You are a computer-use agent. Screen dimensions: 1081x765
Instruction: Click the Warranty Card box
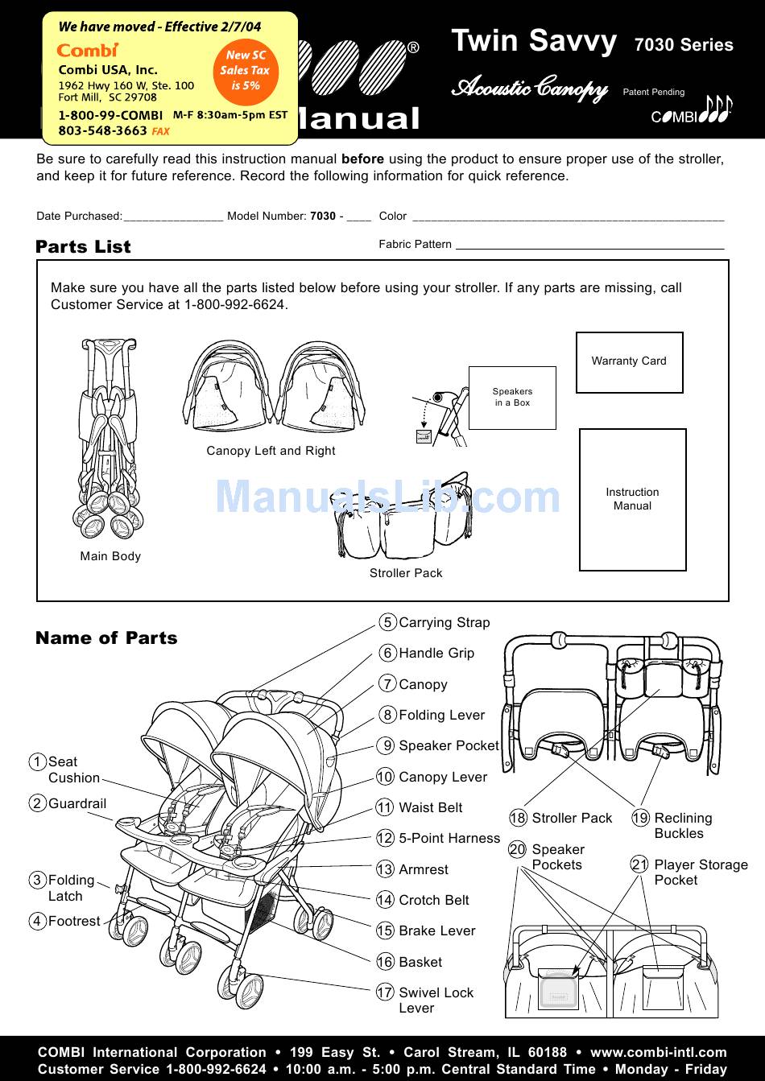(629, 362)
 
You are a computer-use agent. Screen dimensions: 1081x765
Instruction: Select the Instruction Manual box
(632, 499)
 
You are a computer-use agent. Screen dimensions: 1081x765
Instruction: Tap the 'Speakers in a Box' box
(512, 398)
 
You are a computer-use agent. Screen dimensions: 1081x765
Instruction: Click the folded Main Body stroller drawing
(110, 439)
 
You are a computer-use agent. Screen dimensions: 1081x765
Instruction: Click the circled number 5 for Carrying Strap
(387, 622)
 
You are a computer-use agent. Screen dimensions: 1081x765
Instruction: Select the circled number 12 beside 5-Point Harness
(385, 839)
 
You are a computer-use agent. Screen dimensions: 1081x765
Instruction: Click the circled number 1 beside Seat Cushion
(37, 762)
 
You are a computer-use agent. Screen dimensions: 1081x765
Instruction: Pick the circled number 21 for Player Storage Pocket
(639, 865)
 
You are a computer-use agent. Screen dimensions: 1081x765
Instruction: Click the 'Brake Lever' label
(436, 931)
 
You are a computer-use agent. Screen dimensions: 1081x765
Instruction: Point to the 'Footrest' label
(74, 922)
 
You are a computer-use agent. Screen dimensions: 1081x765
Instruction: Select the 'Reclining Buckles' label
(683, 826)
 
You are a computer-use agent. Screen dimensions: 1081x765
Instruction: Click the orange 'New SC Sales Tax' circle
(246, 70)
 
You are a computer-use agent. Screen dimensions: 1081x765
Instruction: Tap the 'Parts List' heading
(83, 247)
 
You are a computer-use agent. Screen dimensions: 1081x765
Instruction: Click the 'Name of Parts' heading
(106, 638)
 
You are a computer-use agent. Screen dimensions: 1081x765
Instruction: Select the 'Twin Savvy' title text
(534, 41)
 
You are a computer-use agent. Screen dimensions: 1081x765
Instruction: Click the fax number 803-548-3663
(102, 130)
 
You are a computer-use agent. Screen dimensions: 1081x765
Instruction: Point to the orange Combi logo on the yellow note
(87, 50)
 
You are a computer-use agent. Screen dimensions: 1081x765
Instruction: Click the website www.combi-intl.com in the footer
(658, 1052)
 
